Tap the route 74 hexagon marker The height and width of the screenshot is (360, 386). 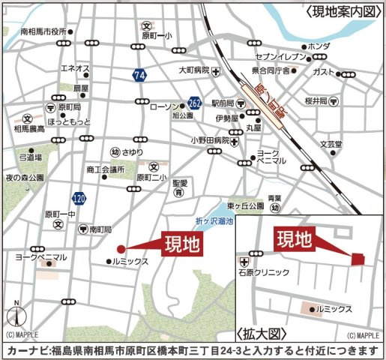click(139, 75)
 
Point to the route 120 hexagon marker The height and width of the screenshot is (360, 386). click(79, 198)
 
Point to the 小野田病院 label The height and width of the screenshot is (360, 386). click(209, 140)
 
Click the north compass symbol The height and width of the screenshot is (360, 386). click(15, 313)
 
